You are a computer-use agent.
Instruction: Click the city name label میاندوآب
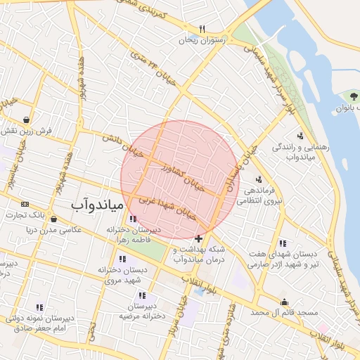(x=98, y=205)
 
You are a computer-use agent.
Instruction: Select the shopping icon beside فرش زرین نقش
(x=26, y=119)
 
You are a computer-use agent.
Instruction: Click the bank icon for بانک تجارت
(x=26, y=204)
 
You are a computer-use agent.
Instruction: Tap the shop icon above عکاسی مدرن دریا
(x=53, y=219)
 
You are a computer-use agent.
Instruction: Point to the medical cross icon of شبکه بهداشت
(x=199, y=239)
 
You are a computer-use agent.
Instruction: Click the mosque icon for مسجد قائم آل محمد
(x=284, y=302)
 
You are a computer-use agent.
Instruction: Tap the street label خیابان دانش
(x=123, y=143)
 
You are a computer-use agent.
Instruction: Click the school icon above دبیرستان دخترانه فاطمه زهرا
(x=133, y=219)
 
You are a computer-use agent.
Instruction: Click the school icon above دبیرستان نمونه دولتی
(x=39, y=307)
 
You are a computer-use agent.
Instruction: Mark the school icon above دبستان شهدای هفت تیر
(x=282, y=243)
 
